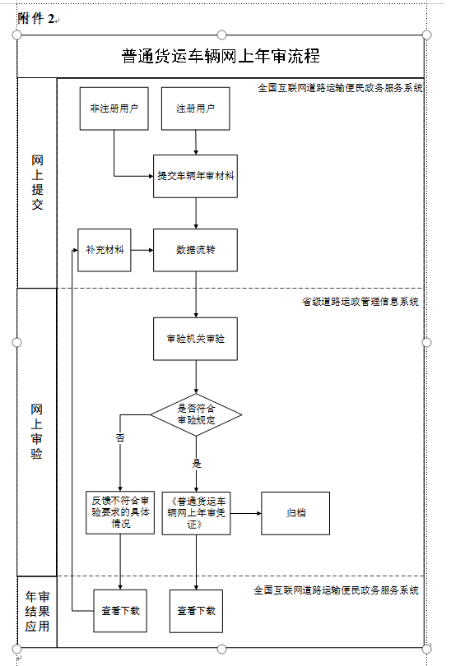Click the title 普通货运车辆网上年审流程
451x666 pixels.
[221, 56]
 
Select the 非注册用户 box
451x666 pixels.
[114, 109]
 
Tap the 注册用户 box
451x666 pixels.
[196, 109]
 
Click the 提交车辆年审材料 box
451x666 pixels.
[196, 176]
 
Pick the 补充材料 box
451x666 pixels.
[105, 250]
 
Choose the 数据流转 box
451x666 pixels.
[196, 250]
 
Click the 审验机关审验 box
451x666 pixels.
[196, 339]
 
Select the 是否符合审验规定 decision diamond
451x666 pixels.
[196, 414]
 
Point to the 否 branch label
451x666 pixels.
[120, 438]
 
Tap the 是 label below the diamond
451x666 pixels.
[197, 464]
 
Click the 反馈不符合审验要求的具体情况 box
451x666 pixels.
[120, 513]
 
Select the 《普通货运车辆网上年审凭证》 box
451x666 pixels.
[197, 513]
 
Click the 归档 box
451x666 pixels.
[295, 513]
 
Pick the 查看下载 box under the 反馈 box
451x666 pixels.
[120, 611]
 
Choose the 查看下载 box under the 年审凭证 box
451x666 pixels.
[197, 611]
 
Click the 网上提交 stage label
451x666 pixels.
[37, 183]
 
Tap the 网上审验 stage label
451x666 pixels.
[36, 432]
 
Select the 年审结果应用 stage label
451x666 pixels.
[37, 611]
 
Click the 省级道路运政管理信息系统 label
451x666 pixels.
[360, 302]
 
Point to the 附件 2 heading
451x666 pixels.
[36, 18]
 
